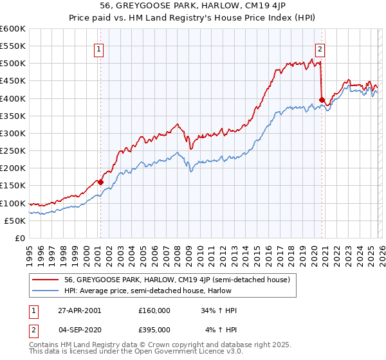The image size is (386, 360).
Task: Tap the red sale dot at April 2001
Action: [100, 182]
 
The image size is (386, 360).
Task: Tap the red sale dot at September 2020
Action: [322, 100]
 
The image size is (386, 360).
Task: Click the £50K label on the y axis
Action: [15, 221]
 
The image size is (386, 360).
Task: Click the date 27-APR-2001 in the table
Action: [78, 310]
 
